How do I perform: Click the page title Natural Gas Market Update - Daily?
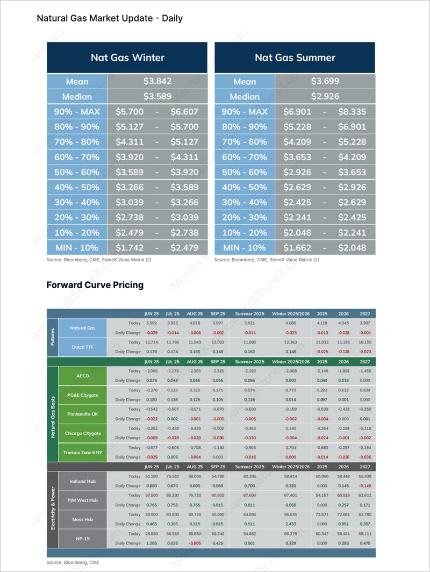[x=110, y=18]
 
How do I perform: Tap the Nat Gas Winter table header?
[x=127, y=58]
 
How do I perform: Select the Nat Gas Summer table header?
[x=295, y=58]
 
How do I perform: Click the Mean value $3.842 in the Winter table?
[x=157, y=81]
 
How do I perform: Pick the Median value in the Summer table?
[x=325, y=97]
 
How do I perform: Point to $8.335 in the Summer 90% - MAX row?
[x=352, y=112]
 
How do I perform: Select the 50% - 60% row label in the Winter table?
[x=77, y=172]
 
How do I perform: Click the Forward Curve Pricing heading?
[x=95, y=285]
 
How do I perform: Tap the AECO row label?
[x=83, y=376]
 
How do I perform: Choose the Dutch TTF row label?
[x=83, y=347]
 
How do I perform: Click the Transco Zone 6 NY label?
[x=83, y=452]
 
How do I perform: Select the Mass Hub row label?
[x=83, y=519]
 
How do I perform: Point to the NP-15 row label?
[x=83, y=538]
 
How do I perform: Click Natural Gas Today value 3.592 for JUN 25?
[x=151, y=323]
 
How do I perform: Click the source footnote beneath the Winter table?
[x=99, y=260]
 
